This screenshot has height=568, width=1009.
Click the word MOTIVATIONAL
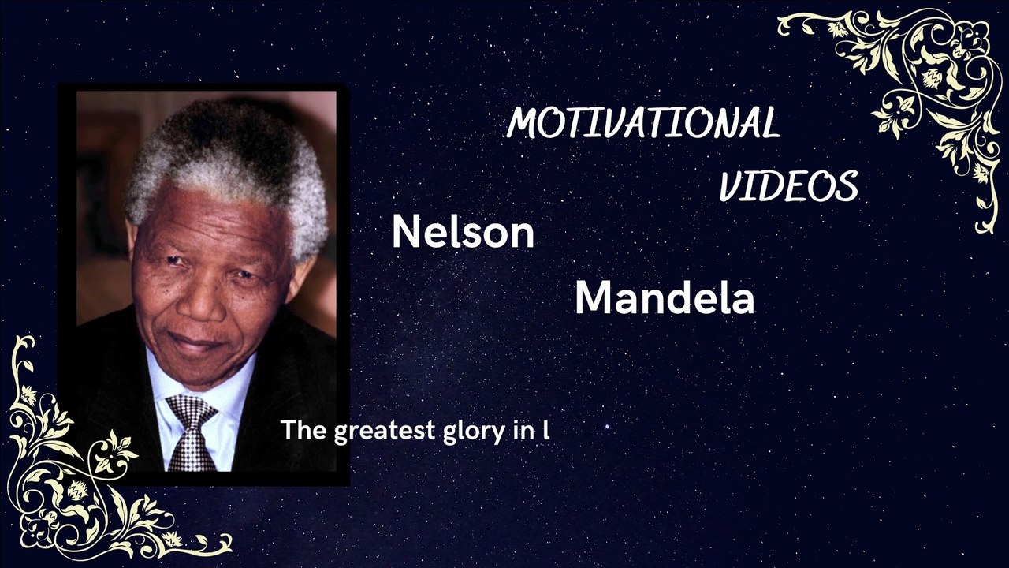tap(643, 123)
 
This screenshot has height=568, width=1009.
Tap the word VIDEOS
tap(787, 187)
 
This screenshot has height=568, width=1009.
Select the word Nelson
tap(463, 233)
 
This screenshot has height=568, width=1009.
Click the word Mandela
tap(664, 299)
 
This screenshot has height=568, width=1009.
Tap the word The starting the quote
tap(303, 430)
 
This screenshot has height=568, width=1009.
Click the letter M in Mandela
tap(594, 299)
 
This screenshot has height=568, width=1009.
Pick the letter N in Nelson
tap(404, 233)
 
